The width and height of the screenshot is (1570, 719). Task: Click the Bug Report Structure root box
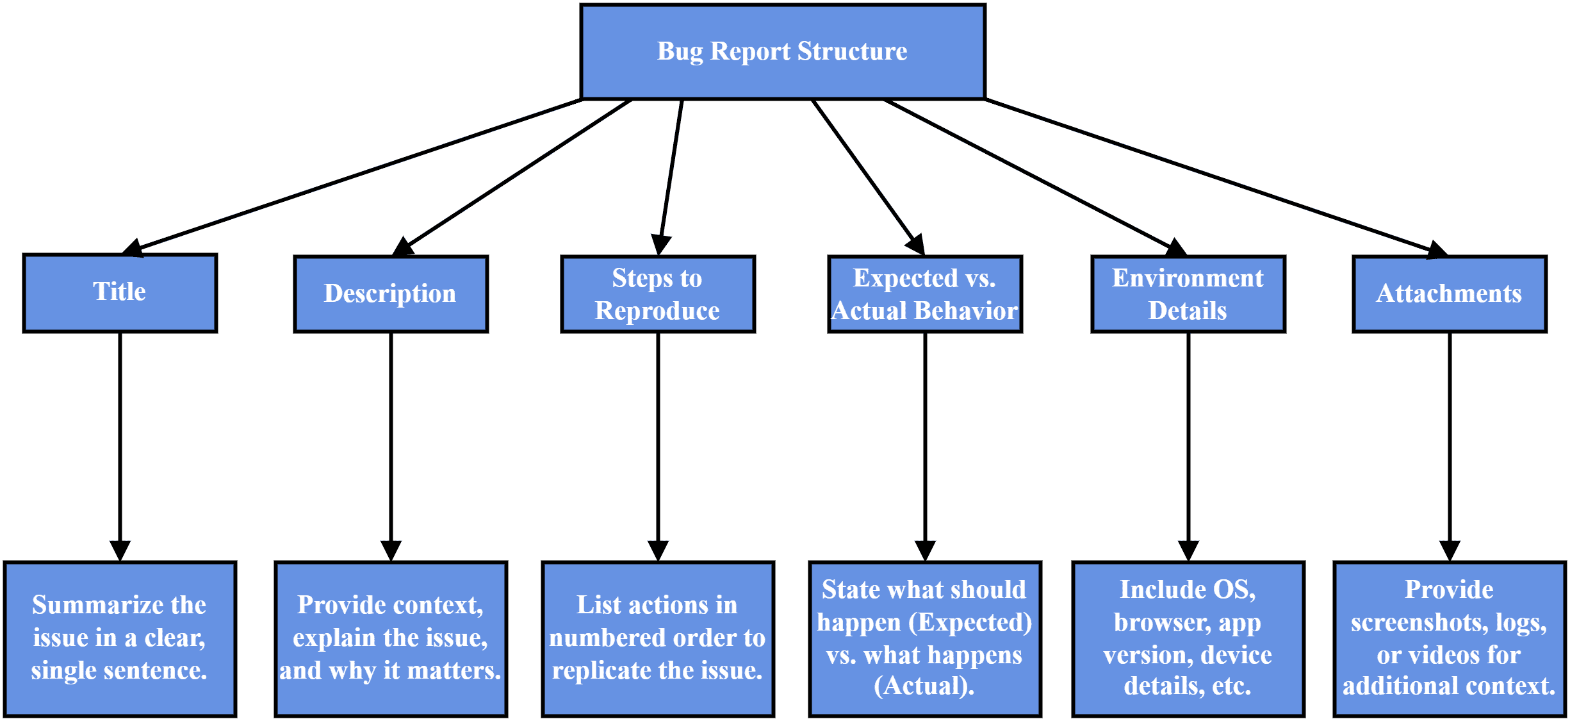[782, 52]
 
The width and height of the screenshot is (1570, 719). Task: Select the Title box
[120, 293]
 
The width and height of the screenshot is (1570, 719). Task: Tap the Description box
[390, 294]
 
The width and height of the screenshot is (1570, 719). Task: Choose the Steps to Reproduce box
[657, 294]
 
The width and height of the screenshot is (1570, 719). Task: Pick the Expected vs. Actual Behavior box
[924, 294]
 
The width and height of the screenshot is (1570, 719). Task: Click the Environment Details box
[1188, 294]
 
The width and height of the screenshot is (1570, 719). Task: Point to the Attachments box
[1449, 294]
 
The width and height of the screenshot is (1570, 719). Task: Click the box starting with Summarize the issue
[120, 638]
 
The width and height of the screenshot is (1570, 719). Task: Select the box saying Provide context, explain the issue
[390, 638]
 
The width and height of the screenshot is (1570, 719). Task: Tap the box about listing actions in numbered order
[657, 638]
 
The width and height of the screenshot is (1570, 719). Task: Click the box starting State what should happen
[924, 638]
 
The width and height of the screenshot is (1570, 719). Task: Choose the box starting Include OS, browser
[1188, 638]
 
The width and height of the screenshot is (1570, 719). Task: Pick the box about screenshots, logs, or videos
[1449, 638]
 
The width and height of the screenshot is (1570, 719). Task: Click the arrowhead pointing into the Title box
[133, 249]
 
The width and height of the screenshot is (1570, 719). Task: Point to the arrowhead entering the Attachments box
[1436, 251]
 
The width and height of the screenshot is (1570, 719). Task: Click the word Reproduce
[657, 311]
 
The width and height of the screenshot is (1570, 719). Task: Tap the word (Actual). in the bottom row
[924, 686]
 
